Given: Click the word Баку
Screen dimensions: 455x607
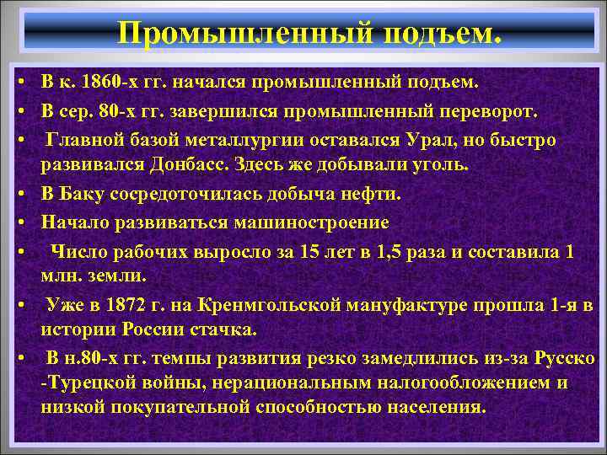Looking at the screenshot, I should point(85,194).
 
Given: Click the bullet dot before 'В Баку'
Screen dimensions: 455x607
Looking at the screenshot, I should point(17,195).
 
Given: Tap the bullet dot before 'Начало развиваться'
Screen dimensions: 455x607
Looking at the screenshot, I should point(17,222).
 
